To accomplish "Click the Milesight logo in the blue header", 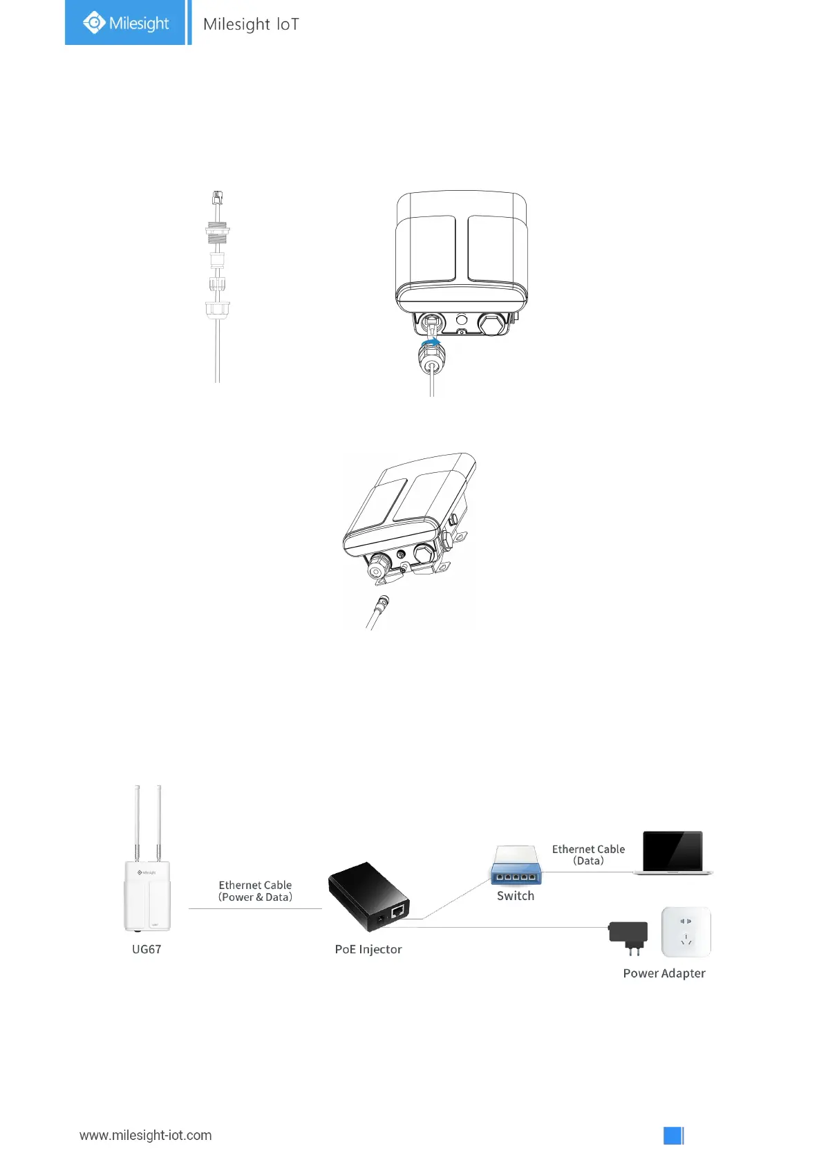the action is coord(125,23).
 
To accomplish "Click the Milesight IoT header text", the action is coord(251,24).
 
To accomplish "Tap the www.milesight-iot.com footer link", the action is coord(145,1135).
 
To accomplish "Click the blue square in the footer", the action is coord(673,1135).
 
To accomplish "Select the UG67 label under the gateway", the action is coord(147,949).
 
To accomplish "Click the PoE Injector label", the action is coord(368,949).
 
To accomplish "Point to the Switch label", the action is coord(515,896).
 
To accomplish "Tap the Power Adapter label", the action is coord(663,973).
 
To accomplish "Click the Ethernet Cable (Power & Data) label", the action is coord(255,891).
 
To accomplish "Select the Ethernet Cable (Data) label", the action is coord(588,854).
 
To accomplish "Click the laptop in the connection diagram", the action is coord(673,852).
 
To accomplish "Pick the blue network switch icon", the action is coord(516,866).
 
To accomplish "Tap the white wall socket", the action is coord(686,931).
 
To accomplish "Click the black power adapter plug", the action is coord(628,935).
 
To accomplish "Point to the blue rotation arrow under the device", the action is coord(431,342).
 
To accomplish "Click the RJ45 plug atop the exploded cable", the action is coord(218,198).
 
